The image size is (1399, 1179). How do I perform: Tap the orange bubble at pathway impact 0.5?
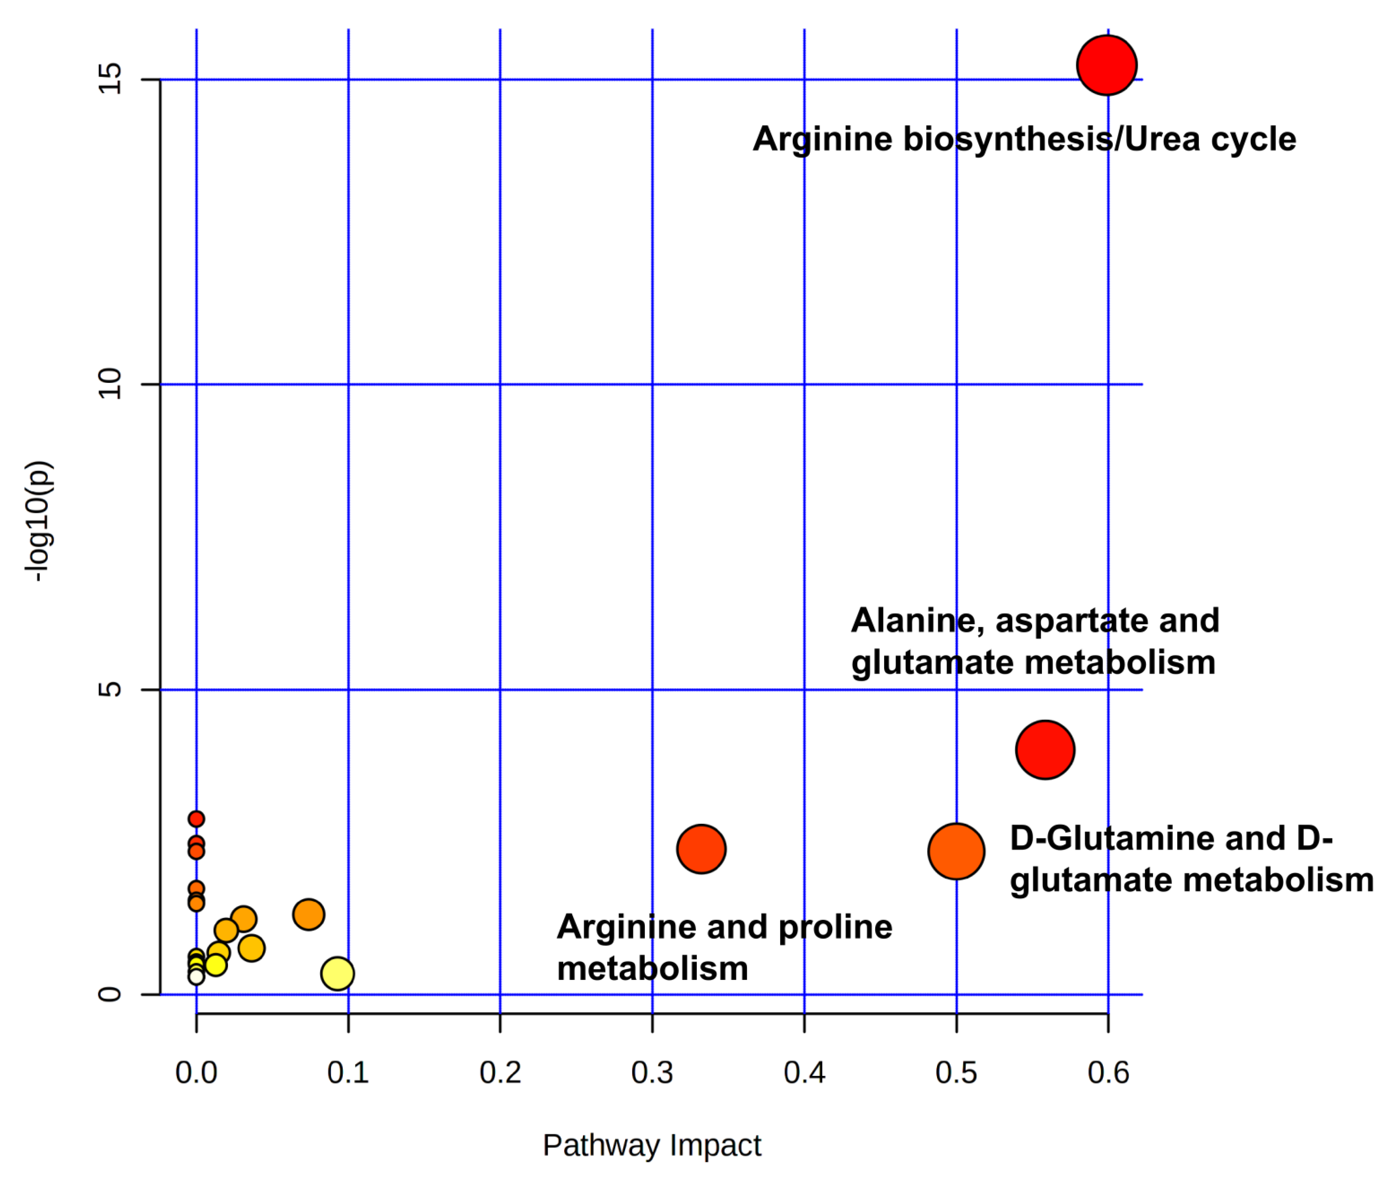click(x=956, y=851)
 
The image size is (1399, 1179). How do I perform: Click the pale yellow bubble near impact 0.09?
click(x=337, y=973)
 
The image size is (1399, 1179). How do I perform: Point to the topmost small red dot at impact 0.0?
click(x=196, y=819)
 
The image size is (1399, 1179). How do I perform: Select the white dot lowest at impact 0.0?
click(x=196, y=977)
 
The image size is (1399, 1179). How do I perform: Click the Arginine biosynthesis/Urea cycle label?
click(x=1024, y=139)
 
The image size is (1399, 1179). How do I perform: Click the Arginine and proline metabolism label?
click(x=724, y=948)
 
